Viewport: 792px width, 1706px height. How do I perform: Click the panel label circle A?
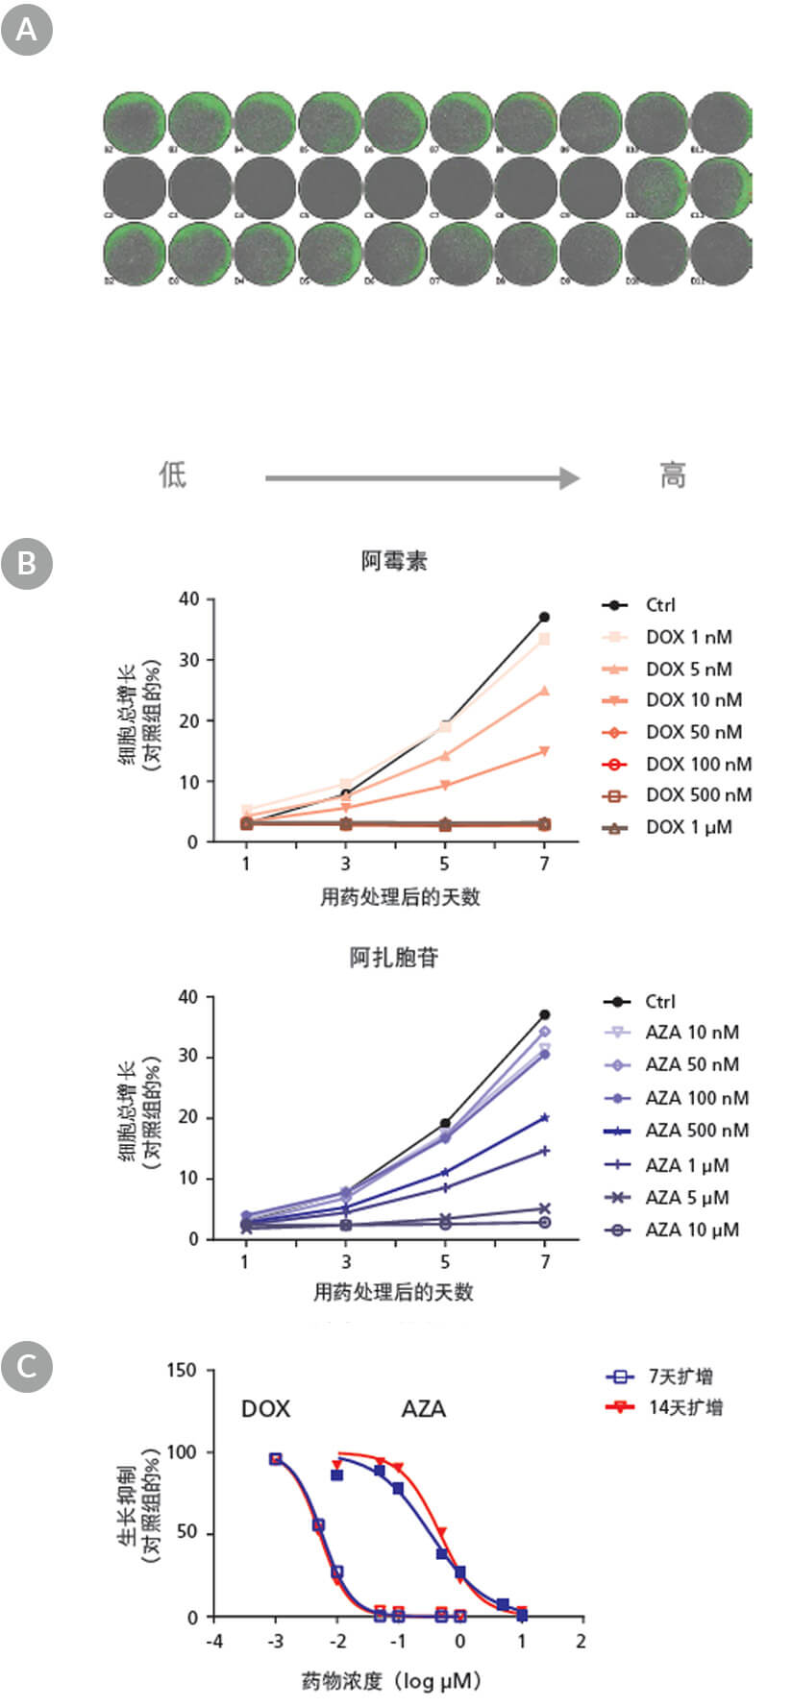tap(26, 30)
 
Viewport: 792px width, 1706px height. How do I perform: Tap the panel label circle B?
tap(26, 562)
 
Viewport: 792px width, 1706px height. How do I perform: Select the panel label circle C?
tap(26, 1365)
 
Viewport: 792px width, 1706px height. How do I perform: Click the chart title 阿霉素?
tap(394, 561)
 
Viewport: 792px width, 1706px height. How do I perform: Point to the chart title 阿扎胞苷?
tap(394, 958)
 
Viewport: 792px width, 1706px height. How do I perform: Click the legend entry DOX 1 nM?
tap(688, 637)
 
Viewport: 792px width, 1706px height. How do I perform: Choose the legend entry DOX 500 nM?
tap(698, 795)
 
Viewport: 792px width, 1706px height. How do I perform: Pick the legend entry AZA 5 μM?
tap(686, 1198)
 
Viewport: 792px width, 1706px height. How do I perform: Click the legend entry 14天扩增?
tap(685, 1408)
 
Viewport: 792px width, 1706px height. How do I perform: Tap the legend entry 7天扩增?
tap(681, 1377)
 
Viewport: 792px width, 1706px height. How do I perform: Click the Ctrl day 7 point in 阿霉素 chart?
tap(544, 617)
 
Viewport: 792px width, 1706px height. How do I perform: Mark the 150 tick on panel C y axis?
tap(182, 1370)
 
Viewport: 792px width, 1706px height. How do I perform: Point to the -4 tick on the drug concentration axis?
tap(214, 1642)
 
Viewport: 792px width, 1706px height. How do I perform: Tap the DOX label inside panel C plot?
tap(265, 1409)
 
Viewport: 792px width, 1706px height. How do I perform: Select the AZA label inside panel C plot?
tap(423, 1409)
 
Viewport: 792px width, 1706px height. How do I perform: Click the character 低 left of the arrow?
tap(173, 475)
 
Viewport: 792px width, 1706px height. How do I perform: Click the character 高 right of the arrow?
tap(672, 475)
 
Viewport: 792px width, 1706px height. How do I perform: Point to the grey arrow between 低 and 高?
tap(422, 477)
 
